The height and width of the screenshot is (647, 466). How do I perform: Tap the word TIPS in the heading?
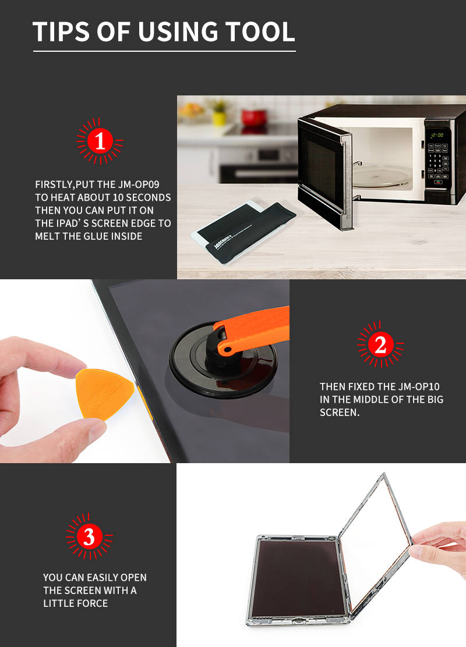pos(61,32)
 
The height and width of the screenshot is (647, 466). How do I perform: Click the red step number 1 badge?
pos(100,141)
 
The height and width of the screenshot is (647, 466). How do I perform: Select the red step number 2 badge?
pos(380,344)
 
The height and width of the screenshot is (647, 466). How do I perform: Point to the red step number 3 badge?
pos(89,536)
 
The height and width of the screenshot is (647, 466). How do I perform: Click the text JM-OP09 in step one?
pos(139,184)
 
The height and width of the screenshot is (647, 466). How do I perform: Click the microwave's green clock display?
pos(437,135)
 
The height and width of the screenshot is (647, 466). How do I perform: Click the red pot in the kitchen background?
pos(253,118)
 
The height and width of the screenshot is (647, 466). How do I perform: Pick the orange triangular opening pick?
pos(104,394)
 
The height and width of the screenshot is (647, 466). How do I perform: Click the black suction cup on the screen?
pos(223,360)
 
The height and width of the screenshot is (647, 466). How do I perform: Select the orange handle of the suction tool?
pos(252,330)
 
